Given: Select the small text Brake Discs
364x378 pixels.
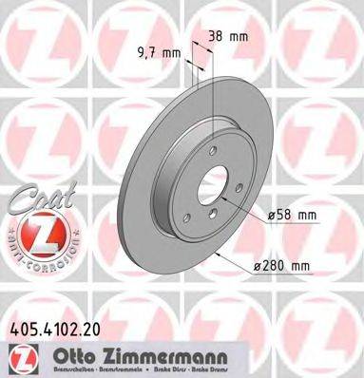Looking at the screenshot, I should pos(197,369).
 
